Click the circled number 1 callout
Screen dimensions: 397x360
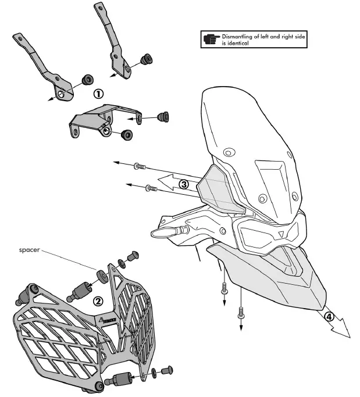click(x=98, y=93)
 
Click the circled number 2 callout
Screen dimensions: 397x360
click(x=98, y=301)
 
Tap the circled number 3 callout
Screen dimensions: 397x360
click(x=184, y=184)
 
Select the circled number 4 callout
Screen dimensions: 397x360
click(x=329, y=317)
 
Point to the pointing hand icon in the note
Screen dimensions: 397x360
click(x=210, y=40)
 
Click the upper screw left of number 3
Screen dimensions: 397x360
click(x=139, y=167)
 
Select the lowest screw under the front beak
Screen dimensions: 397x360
click(x=241, y=314)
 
